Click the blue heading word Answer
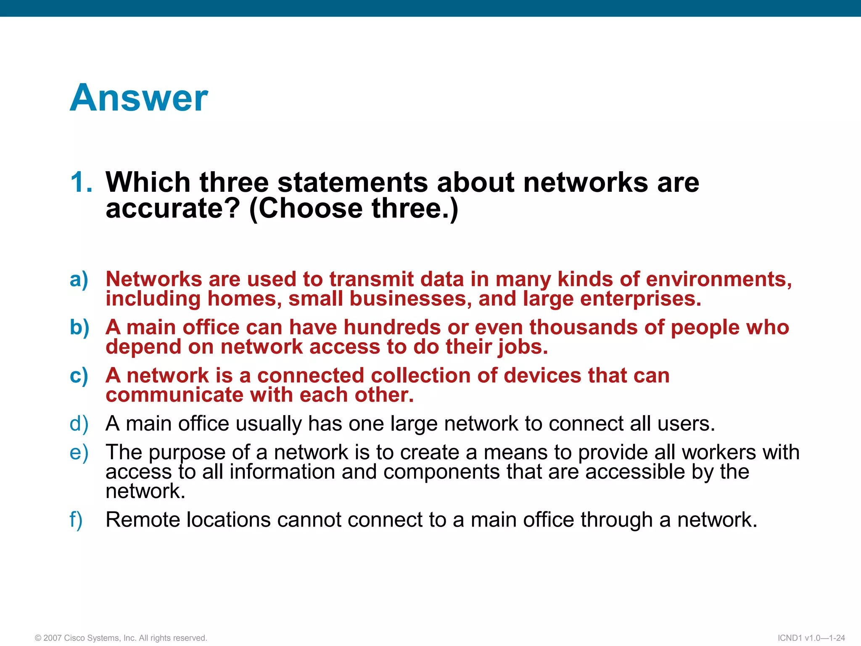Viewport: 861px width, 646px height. coord(139,98)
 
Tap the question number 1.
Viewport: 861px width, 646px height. coord(81,183)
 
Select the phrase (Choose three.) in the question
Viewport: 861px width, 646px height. coord(354,209)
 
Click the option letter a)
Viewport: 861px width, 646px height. coord(79,279)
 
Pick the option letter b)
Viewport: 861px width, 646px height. coord(79,328)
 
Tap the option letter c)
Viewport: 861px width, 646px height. coord(79,376)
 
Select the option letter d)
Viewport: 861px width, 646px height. coord(79,424)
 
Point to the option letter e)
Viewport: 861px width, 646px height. coord(79,453)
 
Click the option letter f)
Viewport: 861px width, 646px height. coord(76,520)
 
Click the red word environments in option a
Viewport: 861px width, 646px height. coord(718,279)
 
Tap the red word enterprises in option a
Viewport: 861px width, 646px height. coord(640,299)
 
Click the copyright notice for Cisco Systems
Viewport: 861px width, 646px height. coord(121,638)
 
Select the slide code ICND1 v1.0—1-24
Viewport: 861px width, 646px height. coord(811,638)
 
